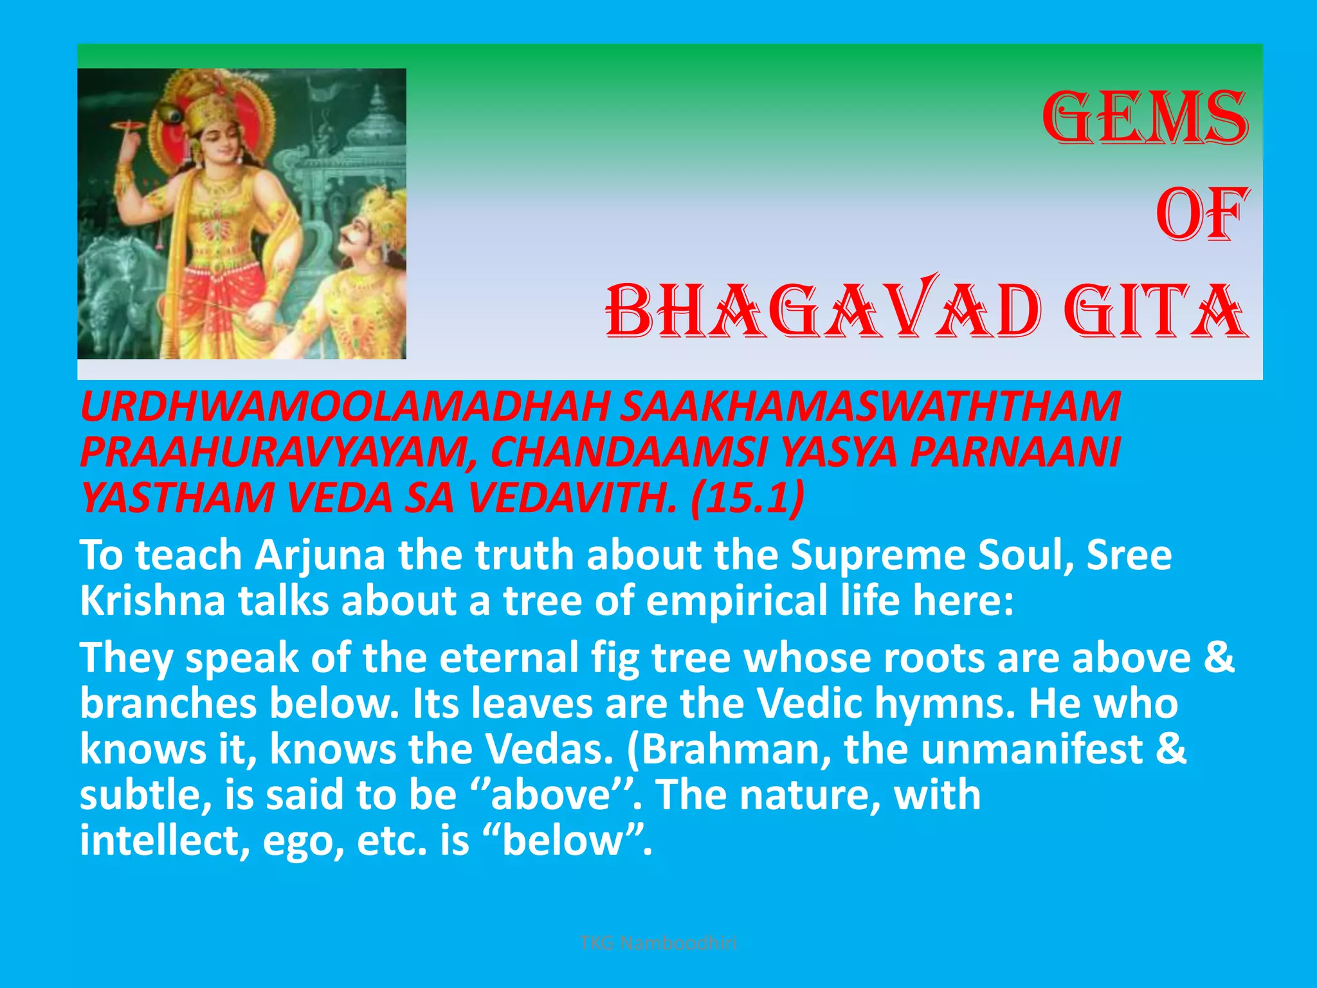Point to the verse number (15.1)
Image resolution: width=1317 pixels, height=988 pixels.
(x=747, y=498)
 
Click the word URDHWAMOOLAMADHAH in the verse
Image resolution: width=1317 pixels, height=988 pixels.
(x=344, y=407)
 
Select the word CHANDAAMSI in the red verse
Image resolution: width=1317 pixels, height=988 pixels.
(x=627, y=452)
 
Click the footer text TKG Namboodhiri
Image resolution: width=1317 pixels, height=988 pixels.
(x=658, y=944)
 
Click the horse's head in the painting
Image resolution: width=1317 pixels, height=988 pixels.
(x=109, y=270)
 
